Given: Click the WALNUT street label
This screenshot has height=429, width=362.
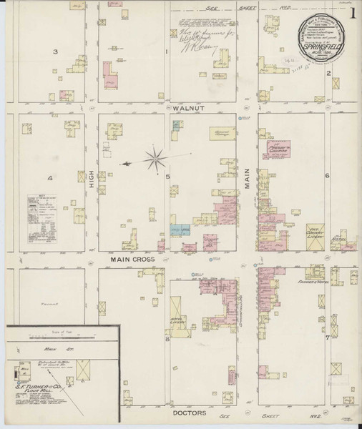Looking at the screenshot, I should coord(189,109).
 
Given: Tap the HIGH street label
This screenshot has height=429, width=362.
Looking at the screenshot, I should coord(92,186).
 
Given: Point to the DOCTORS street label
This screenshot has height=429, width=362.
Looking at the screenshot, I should coord(190,413).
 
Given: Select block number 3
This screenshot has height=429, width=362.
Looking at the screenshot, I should coord(55,52).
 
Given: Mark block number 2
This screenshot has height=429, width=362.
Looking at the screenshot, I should coord(328,73).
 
